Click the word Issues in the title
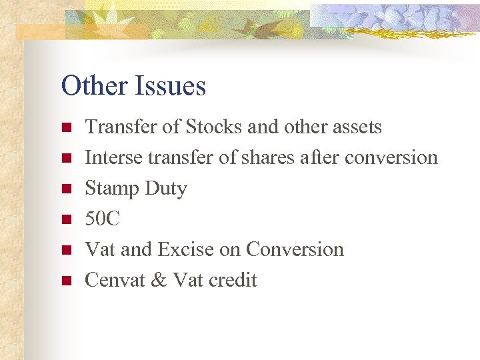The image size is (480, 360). (170, 86)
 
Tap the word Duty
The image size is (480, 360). (166, 189)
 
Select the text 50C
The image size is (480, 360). (103, 219)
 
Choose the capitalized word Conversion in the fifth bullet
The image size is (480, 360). (295, 249)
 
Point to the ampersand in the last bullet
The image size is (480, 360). (159, 280)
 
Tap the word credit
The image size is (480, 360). (233, 280)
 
